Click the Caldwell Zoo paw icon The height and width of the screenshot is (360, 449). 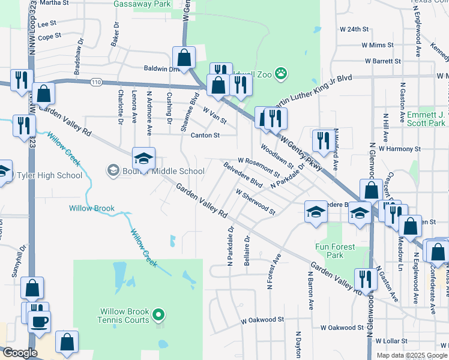(x=280, y=74)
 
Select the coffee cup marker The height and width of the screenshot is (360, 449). (x=40, y=322)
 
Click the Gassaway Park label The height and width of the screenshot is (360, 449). (x=142, y=4)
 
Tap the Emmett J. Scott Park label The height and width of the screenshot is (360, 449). (x=418, y=119)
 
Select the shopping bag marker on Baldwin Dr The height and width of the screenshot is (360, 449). (x=184, y=58)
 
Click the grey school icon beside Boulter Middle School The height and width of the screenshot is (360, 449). (x=112, y=171)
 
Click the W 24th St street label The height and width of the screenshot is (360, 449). (x=354, y=29)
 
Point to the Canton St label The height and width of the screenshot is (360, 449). (x=205, y=136)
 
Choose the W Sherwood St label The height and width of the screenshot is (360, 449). (x=255, y=202)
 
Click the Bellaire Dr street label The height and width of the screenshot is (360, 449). (x=247, y=251)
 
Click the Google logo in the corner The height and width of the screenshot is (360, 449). (x=19, y=353)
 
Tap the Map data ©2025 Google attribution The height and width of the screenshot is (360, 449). (x=411, y=355)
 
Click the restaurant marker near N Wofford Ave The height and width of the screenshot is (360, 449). (x=323, y=141)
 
